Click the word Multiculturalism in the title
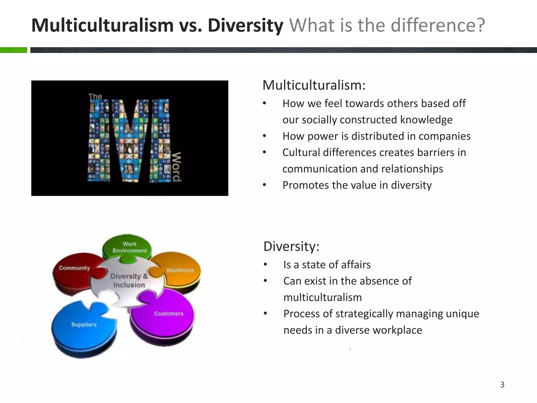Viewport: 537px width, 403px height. tap(102, 26)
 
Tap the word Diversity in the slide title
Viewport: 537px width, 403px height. tap(245, 26)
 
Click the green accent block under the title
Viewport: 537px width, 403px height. tap(13, 50)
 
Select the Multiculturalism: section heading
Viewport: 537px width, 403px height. tap(314, 85)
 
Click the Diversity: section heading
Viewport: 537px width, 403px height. tap(291, 246)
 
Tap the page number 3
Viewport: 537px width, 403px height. tap(502, 385)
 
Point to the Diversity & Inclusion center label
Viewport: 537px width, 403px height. tap(129, 280)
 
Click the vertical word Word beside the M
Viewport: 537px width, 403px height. tap(176, 167)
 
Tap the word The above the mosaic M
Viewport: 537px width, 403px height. tap(95, 97)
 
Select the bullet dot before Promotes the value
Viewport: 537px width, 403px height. tap(265, 185)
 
